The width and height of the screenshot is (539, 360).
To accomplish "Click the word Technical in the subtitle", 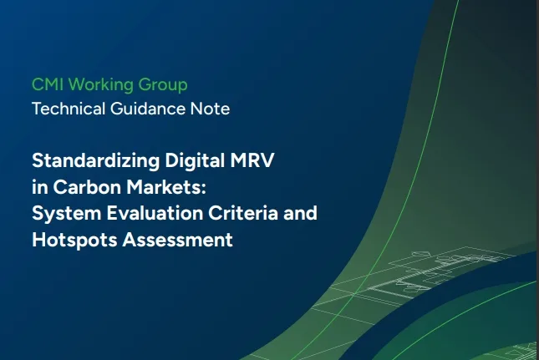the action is pyautogui.click(x=69, y=109).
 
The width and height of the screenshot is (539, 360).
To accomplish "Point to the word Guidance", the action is pyautogui.click(x=148, y=109).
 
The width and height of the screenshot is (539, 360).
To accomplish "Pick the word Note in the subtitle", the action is pyautogui.click(x=210, y=109).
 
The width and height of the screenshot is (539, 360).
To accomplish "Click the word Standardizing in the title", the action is pyautogui.click(x=96, y=160).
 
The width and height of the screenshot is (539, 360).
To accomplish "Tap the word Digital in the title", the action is pyautogui.click(x=195, y=160).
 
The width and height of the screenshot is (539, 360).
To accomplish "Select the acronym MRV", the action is pyautogui.click(x=252, y=160).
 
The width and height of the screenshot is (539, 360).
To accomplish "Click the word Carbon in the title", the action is pyautogui.click(x=87, y=187).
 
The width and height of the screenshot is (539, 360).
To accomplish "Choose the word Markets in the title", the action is pyautogui.click(x=164, y=187).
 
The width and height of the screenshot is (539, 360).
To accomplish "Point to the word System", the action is pyautogui.click(x=67, y=213).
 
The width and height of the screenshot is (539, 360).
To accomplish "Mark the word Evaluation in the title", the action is pyautogui.click(x=155, y=213).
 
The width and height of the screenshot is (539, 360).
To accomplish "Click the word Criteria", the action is pyautogui.click(x=243, y=213).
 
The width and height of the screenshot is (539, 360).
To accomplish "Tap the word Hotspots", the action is pyautogui.click(x=74, y=240).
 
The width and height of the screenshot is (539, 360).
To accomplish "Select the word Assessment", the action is pyautogui.click(x=178, y=240).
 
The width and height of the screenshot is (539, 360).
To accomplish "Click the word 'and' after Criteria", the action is pyautogui.click(x=300, y=213).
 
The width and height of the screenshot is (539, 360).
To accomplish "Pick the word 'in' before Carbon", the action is pyautogui.click(x=40, y=187).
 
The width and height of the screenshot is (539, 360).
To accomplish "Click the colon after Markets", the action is pyautogui.click(x=204, y=189).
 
